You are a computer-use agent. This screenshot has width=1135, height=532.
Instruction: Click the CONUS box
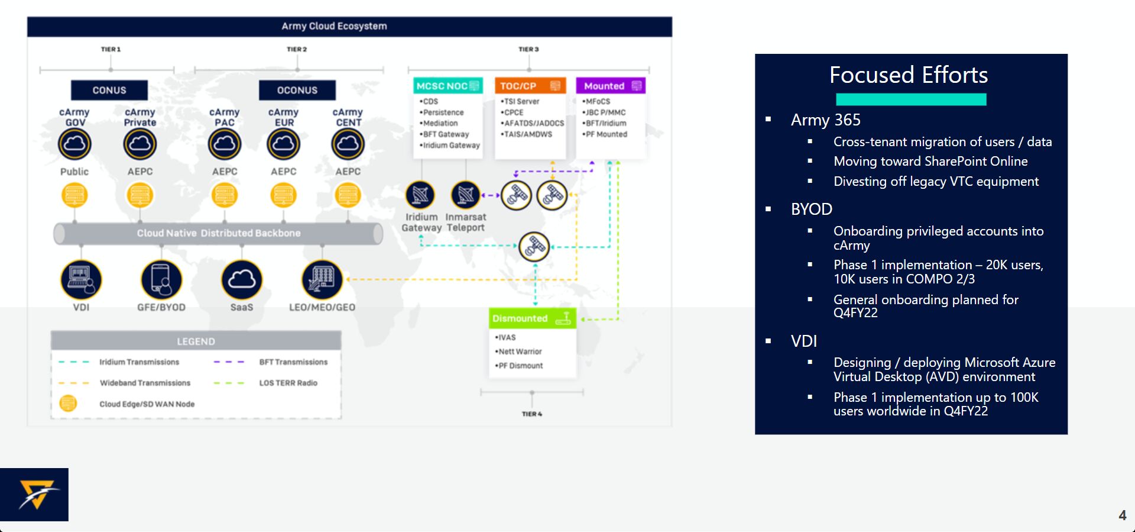109,90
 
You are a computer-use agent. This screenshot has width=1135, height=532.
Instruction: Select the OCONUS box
297,90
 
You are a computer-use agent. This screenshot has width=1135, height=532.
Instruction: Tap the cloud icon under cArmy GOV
74,144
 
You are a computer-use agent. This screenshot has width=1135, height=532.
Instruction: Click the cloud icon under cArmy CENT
348,144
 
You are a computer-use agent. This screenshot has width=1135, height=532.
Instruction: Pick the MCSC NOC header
448,86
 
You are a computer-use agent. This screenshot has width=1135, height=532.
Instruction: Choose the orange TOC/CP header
530,86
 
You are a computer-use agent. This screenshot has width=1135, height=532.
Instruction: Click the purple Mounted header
611,86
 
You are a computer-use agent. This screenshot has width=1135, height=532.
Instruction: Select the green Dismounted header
532,318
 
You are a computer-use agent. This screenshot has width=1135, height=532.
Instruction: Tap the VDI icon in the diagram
81,279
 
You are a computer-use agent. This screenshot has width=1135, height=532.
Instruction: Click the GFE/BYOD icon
161,279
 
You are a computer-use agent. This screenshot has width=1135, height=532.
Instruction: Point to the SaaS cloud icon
241,279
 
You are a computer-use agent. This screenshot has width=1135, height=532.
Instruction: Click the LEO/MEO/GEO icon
322,279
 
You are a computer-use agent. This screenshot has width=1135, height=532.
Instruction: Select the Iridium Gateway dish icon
420,195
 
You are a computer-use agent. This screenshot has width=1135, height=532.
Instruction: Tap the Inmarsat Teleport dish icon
466,195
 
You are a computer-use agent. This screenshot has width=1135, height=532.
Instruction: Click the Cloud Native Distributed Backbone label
219,233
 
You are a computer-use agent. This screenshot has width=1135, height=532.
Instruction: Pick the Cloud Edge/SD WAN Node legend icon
69,404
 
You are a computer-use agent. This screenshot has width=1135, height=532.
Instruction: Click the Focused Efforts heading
909,75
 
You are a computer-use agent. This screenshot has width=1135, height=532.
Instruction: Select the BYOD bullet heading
812,209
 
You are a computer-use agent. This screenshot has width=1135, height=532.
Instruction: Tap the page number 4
1123,515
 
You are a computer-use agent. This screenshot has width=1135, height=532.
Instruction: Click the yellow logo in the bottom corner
37,495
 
